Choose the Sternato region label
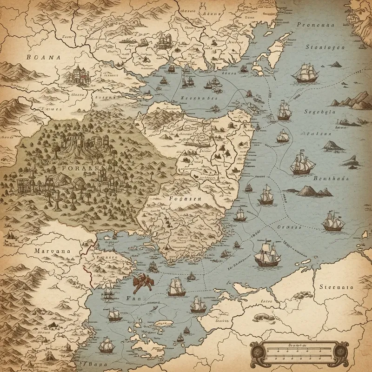pyautogui.click(x=336, y=287)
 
